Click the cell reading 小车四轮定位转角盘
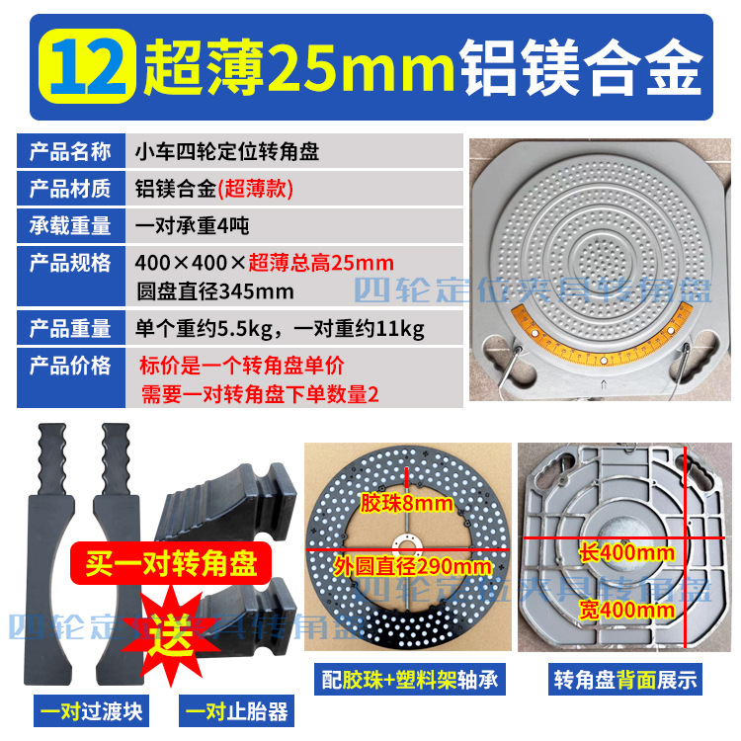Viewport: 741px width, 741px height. click(226, 153)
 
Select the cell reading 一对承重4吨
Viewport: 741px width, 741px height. click(192, 225)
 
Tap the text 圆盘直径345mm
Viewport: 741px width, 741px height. click(216, 290)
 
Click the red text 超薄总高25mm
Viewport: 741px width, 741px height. click(321, 263)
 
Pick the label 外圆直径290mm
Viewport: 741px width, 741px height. click(412, 566)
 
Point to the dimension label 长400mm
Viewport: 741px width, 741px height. click(628, 552)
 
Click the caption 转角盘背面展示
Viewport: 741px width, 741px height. click(624, 680)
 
